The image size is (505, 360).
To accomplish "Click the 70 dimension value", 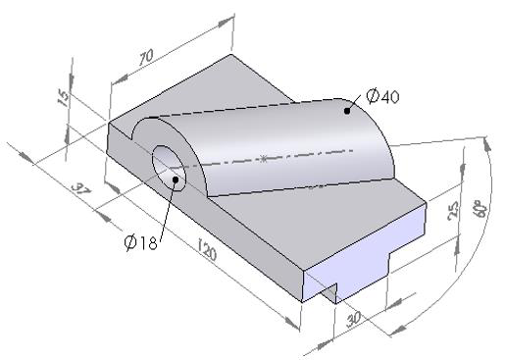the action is (x=146, y=57).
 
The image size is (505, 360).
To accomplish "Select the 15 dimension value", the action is (x=64, y=97).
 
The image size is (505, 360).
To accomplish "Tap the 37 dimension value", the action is (x=80, y=189).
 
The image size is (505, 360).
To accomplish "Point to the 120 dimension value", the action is (x=207, y=250).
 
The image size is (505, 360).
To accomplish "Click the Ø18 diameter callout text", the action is (x=141, y=243).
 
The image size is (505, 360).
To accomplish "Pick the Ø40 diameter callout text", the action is (x=382, y=96).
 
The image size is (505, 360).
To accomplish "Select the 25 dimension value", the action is (x=454, y=211).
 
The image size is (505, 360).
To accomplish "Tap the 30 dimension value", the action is (x=354, y=319).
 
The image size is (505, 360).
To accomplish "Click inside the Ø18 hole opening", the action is (x=169, y=168).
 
